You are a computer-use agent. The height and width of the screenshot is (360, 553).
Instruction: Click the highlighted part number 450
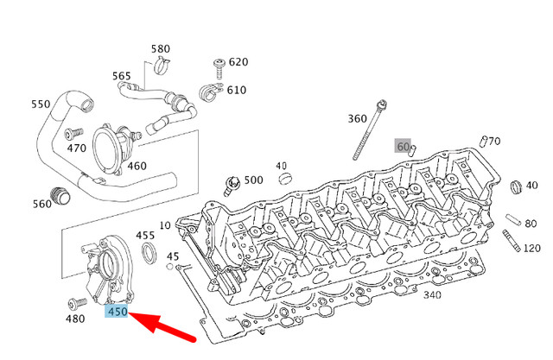116,312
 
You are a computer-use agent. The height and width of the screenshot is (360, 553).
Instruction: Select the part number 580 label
161,49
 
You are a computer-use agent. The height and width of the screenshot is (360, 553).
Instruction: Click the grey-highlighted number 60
403,146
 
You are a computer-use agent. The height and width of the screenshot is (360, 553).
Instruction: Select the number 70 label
495,141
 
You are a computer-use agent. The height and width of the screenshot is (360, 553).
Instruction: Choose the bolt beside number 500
231,182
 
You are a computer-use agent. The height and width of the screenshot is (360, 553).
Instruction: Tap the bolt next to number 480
75,303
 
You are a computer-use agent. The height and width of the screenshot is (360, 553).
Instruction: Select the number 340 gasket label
432,295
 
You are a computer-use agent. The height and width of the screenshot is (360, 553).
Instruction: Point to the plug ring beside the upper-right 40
516,187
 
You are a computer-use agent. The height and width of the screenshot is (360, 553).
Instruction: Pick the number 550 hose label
41,104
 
